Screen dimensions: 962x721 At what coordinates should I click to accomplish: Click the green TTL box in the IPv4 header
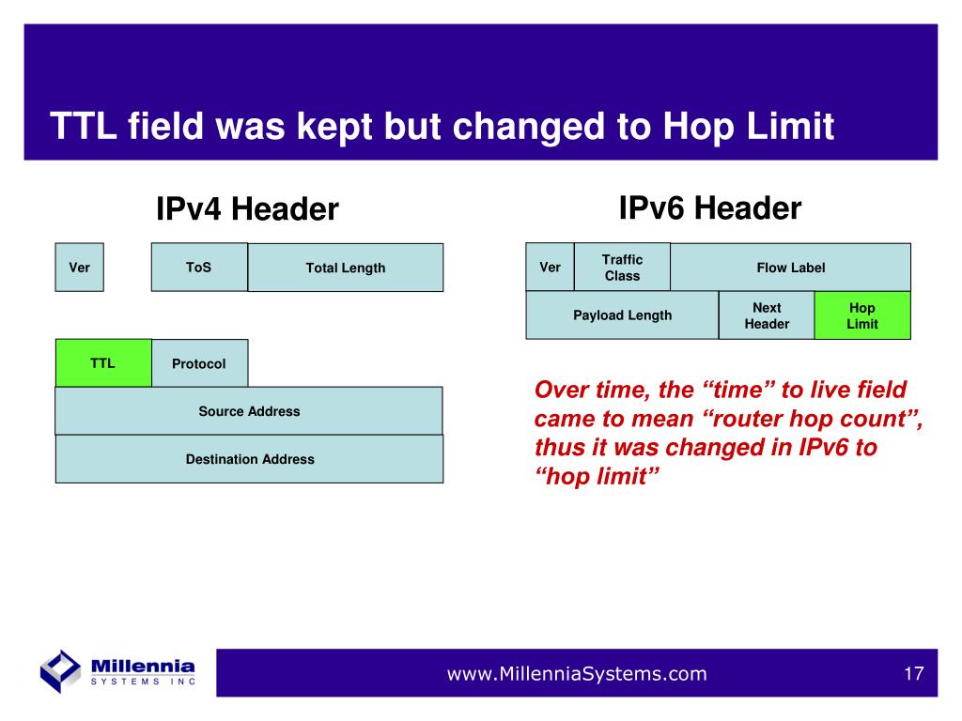103,363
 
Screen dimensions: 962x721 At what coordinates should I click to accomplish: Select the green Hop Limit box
862,315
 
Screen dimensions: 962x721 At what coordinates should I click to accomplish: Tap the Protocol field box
199,363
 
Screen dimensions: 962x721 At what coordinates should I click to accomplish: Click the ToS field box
199,268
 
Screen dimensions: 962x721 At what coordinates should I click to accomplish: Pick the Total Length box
346,268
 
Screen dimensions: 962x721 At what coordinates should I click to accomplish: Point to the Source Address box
249,411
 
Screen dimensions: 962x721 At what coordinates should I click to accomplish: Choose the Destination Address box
249,459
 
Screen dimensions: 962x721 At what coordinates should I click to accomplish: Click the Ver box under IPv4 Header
79,268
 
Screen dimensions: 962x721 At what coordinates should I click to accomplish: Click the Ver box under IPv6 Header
551,268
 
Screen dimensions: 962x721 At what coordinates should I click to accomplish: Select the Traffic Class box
622,268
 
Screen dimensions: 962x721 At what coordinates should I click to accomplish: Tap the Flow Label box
791,268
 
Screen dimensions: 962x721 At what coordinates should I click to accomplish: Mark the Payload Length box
622,315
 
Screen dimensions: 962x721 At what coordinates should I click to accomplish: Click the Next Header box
767,315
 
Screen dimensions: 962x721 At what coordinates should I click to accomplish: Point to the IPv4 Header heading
247,209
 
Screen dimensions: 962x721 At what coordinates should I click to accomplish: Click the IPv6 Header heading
710,207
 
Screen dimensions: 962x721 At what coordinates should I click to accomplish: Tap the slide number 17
913,674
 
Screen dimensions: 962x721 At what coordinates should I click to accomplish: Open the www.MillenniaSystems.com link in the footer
577,674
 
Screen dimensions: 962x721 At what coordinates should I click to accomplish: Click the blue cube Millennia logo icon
60,671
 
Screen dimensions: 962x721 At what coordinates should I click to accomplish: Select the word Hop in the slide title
699,128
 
